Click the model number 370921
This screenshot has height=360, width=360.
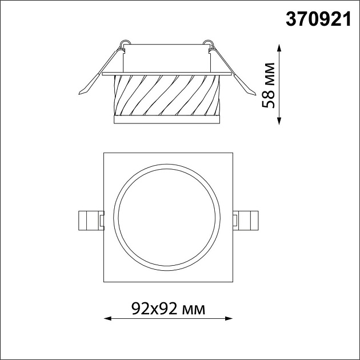point(317,19)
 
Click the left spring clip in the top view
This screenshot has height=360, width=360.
point(90,219)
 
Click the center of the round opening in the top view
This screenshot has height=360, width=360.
point(168,218)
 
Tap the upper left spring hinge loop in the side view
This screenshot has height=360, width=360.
point(125,43)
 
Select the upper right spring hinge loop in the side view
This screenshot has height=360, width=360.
point(211,43)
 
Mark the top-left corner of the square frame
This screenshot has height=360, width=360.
point(104,153)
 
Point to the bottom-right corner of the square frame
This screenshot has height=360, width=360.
point(232,282)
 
